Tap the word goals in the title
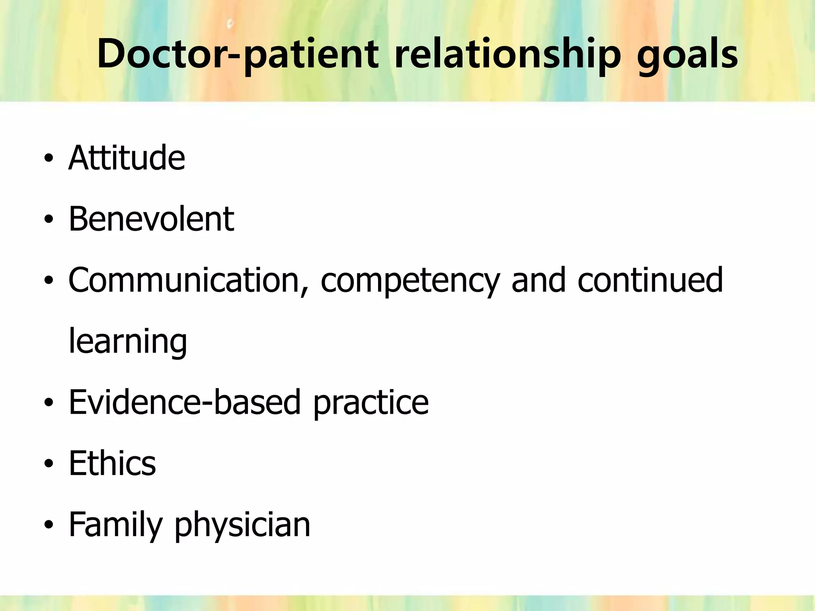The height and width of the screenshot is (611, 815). click(687, 54)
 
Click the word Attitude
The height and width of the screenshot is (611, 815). click(127, 158)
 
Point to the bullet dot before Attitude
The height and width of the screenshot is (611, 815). click(49, 159)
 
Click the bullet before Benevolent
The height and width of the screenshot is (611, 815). click(49, 220)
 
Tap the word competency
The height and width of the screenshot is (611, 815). click(409, 280)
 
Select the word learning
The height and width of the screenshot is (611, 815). click(128, 342)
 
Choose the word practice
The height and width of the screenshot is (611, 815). click(371, 403)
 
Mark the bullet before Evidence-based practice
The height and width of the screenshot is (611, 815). click(49, 403)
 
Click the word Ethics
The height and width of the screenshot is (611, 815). click(112, 463)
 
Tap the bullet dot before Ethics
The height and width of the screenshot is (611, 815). click(49, 464)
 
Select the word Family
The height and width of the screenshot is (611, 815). click(115, 525)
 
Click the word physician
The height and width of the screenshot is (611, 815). click(242, 525)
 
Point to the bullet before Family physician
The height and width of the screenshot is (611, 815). click(49, 525)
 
